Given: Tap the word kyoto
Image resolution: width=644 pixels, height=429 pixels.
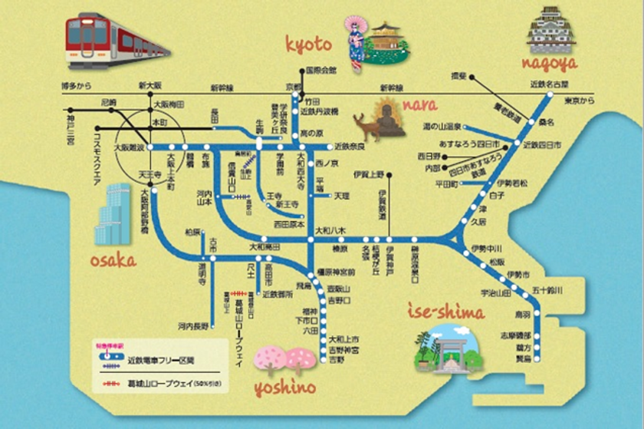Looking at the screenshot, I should click(308, 45).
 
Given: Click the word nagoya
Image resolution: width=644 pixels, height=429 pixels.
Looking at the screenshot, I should click(549, 64).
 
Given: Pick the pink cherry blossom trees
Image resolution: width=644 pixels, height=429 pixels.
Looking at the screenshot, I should click(284, 359).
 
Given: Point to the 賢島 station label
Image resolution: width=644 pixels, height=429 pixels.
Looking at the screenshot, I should click(523, 358).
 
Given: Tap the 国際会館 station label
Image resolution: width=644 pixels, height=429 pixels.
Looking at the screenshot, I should click(320, 71).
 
